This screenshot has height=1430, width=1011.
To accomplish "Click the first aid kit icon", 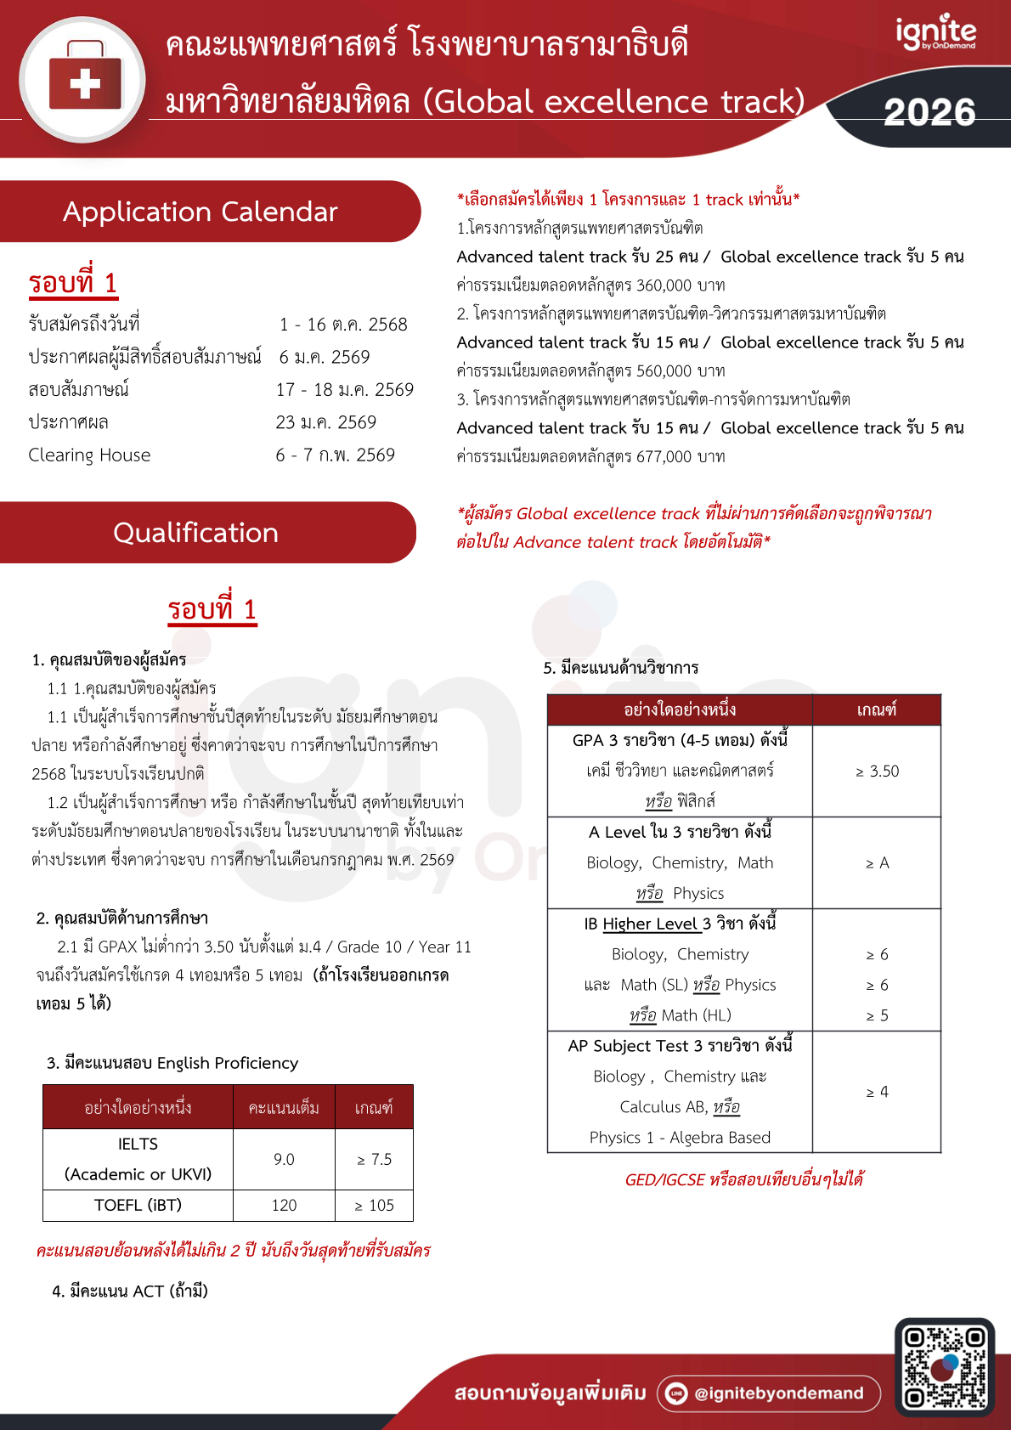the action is (x=84, y=82).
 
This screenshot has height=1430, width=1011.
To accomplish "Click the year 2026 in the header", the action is (x=929, y=112).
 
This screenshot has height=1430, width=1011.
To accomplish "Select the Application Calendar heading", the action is (x=201, y=212).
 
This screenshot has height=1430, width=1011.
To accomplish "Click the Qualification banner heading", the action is (x=195, y=533).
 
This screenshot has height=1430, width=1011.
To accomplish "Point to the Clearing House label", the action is (x=89, y=455).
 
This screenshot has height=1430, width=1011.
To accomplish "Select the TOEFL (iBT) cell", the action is (x=138, y=1205).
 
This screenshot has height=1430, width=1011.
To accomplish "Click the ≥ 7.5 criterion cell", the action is (x=374, y=1160).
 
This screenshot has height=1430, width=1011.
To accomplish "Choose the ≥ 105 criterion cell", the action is (x=374, y=1206).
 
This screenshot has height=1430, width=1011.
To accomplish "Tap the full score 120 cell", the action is (x=284, y=1206).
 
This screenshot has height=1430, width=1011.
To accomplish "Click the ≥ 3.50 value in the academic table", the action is (x=877, y=772).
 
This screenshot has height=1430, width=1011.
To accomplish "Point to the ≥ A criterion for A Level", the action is (x=877, y=863).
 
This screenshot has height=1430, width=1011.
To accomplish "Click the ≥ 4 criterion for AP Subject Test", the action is (x=877, y=1092).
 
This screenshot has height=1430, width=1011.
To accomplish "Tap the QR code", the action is (x=944, y=1367).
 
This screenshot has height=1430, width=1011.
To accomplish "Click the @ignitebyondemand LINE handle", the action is (x=778, y=1393).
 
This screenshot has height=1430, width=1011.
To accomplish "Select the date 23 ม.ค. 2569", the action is (x=325, y=423).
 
